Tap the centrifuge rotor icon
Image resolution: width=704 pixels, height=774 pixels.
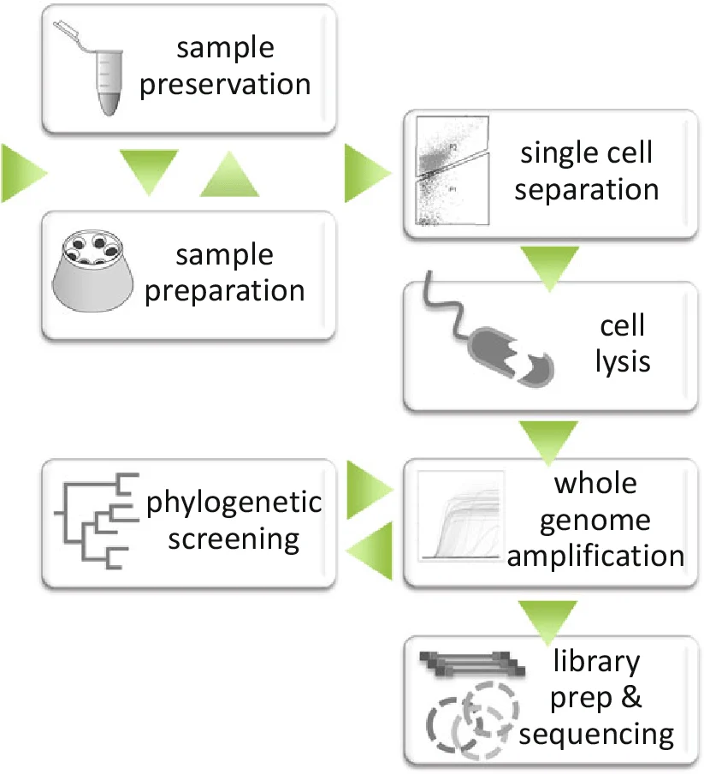point(92,271)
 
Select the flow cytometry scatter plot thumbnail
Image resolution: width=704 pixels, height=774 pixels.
point(453,170)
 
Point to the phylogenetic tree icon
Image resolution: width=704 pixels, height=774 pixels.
point(97,521)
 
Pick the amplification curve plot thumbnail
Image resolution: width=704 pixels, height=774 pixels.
point(460,515)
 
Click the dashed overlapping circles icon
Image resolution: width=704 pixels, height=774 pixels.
point(472,720)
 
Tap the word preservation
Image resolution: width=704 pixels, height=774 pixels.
point(225,85)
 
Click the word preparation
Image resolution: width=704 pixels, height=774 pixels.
point(225,291)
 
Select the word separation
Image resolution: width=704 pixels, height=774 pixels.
point(587,190)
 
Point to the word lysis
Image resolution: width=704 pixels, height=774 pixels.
point(623,362)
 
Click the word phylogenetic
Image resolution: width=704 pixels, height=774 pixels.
point(234,503)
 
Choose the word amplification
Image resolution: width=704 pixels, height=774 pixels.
point(595,557)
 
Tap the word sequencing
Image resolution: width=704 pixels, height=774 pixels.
point(596,735)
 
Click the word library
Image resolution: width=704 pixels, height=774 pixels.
point(596,662)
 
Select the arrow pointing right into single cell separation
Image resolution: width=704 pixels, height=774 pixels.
point(368,173)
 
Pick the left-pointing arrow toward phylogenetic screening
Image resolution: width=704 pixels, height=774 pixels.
point(370,551)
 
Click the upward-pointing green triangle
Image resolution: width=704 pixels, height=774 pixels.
point(230,176)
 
